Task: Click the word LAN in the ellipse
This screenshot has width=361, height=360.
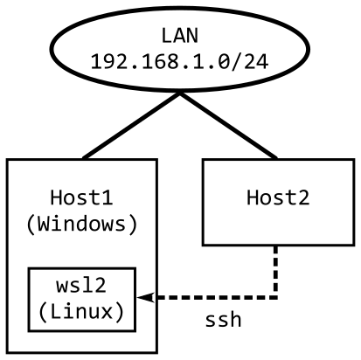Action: click(x=179, y=37)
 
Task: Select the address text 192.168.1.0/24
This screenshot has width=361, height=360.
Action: click(x=179, y=63)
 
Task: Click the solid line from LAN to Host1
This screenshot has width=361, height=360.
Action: click(x=131, y=125)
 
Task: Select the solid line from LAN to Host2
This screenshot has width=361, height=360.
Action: click(x=227, y=125)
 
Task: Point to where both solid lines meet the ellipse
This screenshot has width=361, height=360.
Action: click(x=179, y=92)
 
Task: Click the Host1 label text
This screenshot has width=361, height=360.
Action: click(x=81, y=197)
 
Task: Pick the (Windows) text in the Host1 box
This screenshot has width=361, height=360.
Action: click(x=81, y=224)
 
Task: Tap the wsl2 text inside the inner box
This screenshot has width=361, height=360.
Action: click(x=81, y=286)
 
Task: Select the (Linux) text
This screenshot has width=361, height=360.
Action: click(x=81, y=311)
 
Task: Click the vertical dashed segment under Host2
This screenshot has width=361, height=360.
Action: click(x=276, y=271)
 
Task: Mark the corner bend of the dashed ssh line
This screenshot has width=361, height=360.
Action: click(x=276, y=298)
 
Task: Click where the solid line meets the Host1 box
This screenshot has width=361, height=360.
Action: click(x=84, y=158)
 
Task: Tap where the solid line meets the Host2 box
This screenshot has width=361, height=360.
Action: click(x=275, y=158)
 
